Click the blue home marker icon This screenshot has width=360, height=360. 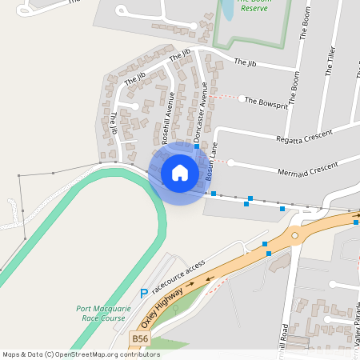point(180,172)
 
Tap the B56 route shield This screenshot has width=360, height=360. point(140,339)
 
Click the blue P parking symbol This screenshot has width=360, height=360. point(144,294)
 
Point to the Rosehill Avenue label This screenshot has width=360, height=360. point(167,117)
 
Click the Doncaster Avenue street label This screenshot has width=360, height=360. point(199,112)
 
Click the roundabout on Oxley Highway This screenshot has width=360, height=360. point(294,234)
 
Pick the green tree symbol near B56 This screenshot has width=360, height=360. point(176,306)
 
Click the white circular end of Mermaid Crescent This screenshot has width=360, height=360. point(231,163)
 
